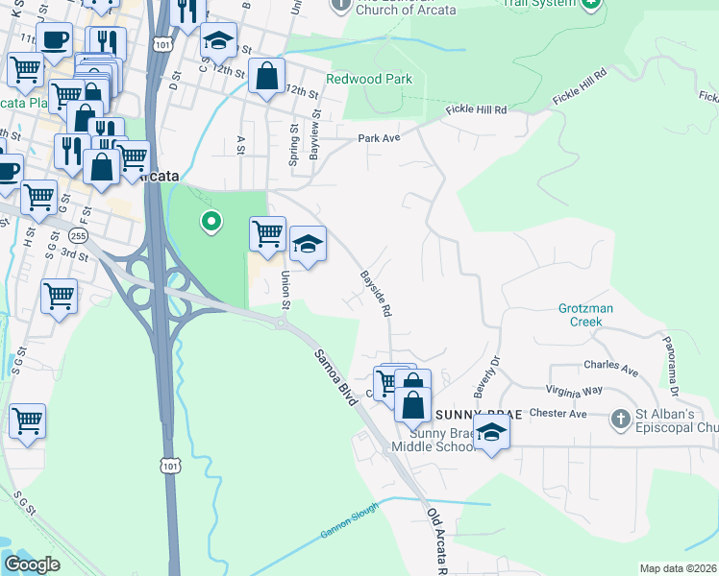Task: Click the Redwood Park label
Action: tap(368, 79)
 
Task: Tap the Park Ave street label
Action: tap(378, 138)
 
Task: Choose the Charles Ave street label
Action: tap(610, 367)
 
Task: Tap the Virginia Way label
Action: tap(574, 391)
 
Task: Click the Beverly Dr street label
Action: tap(486, 378)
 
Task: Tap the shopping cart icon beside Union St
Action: tap(267, 232)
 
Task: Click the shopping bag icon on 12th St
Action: tap(266, 76)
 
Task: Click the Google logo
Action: tap(33, 565)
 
